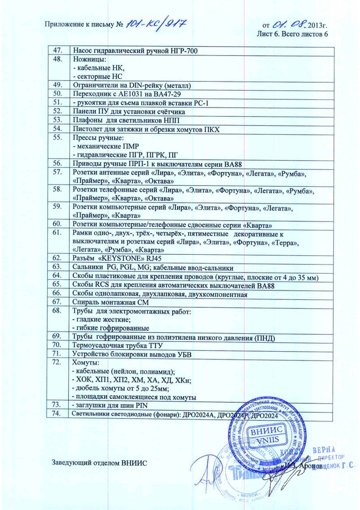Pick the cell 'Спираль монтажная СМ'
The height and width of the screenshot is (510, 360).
point(107,302)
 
